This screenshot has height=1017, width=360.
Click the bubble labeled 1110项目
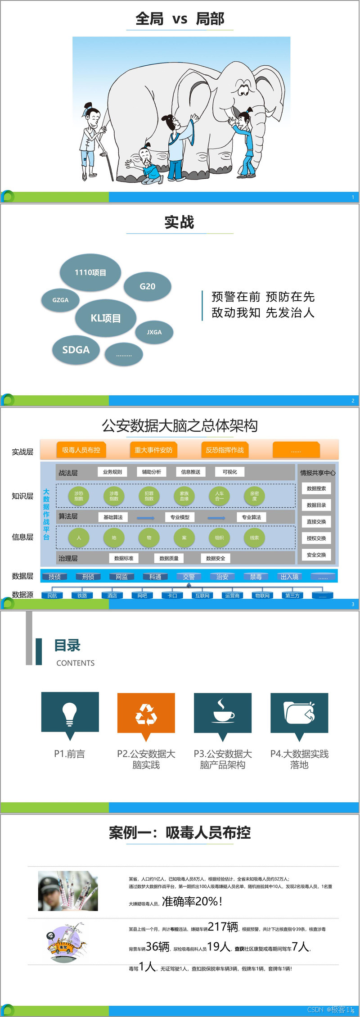[90, 272]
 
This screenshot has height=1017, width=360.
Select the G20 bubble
[147, 286]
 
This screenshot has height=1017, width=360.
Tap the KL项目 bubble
[106, 318]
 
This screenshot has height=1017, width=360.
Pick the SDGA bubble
[76, 350]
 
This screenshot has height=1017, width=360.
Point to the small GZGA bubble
[60, 300]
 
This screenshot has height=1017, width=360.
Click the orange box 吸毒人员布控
[81, 450]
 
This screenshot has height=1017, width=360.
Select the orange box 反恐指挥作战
[225, 450]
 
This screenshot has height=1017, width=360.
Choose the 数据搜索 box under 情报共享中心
[316, 488]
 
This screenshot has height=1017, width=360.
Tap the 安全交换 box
[316, 555]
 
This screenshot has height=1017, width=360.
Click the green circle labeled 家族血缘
[184, 496]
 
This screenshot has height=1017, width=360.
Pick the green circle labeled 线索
[254, 538]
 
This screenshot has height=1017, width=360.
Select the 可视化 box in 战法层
[229, 472]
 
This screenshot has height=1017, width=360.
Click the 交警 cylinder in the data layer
[189, 577]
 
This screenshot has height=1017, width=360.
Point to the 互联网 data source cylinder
[202, 596]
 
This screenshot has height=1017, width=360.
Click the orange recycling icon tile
[146, 714]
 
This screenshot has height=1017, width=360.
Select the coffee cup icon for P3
[223, 713]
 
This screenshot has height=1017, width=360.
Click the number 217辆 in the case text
[223, 927]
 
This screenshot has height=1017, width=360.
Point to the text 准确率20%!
[192, 901]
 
